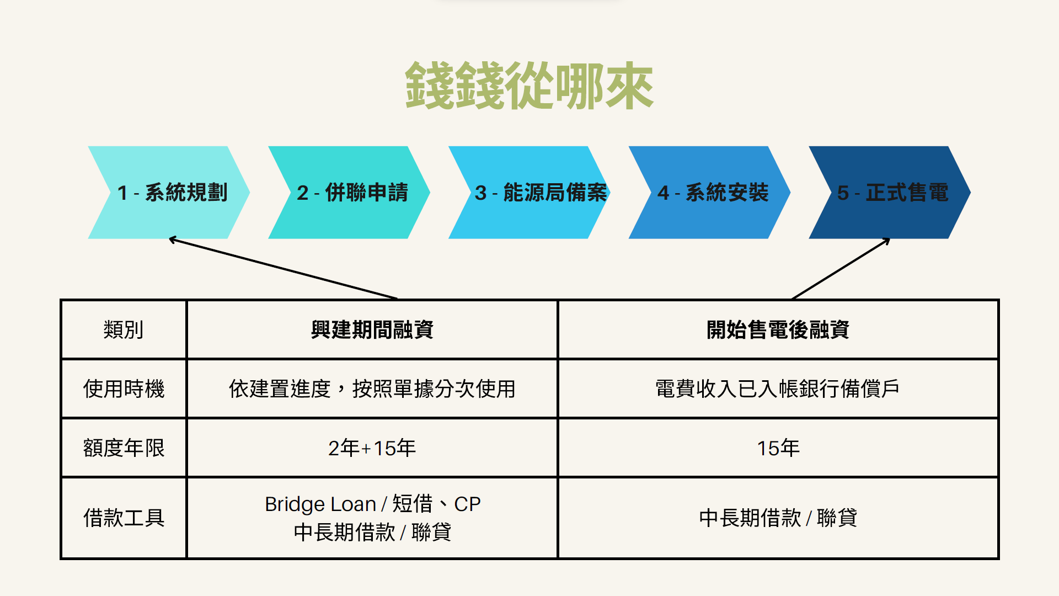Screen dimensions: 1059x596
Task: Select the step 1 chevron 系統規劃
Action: click(x=169, y=193)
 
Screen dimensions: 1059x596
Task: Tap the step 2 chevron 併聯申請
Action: click(x=349, y=193)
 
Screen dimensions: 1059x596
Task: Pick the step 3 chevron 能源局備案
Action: click(x=529, y=193)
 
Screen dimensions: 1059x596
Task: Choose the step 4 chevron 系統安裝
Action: click(x=710, y=193)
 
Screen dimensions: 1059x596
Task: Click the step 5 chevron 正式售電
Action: click(x=890, y=193)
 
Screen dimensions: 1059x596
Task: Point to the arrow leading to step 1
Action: click(x=283, y=269)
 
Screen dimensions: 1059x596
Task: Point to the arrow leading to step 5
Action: click(x=841, y=269)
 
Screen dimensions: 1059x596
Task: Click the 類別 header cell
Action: click(x=124, y=330)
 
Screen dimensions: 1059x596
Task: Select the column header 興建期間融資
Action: click(x=372, y=330)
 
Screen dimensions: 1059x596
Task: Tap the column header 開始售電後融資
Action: click(x=778, y=330)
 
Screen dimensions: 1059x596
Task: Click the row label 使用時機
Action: click(x=124, y=389)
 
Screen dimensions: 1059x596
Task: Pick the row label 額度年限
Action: click(x=124, y=448)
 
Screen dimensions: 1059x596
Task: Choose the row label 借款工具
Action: click(x=124, y=518)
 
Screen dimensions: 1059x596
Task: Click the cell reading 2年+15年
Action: click(x=372, y=448)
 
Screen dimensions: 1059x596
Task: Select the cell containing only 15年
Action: click(x=778, y=448)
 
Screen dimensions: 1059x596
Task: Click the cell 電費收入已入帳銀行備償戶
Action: click(x=778, y=389)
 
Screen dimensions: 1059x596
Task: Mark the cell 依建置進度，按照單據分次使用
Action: click(x=372, y=389)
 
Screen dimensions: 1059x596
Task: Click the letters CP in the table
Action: click(x=467, y=504)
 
